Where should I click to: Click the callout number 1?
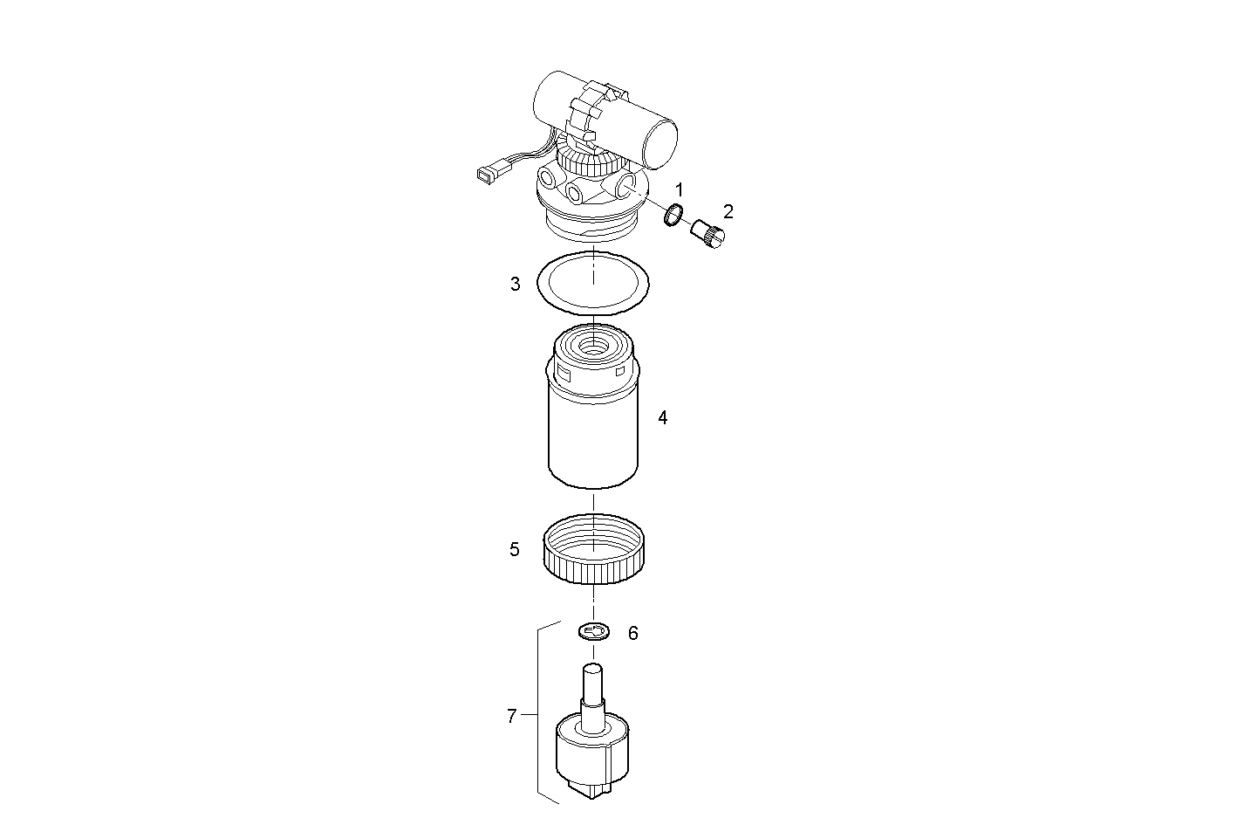pyautogui.click(x=680, y=189)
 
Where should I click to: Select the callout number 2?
pyautogui.click(x=728, y=211)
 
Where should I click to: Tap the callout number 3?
pyautogui.click(x=516, y=284)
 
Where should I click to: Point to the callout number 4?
pyautogui.click(x=662, y=418)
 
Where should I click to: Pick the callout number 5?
pyautogui.click(x=515, y=549)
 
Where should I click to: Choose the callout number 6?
pyautogui.click(x=632, y=633)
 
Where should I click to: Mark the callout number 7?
pyautogui.click(x=512, y=717)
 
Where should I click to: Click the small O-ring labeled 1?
pyautogui.click(x=673, y=215)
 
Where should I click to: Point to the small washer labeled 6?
pyautogui.click(x=593, y=631)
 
